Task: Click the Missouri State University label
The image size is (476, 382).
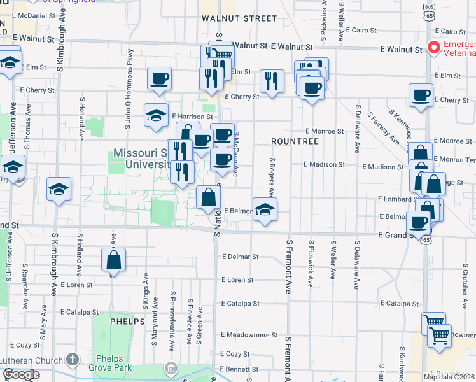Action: pos(139,159)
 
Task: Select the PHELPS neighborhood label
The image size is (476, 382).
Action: pos(129,322)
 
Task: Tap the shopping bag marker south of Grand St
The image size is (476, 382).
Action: pos(113,260)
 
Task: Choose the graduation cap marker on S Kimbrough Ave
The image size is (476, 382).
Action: pos(59,190)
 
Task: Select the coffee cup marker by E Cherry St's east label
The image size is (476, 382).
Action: pos(421,96)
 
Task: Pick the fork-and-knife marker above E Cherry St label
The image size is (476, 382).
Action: pos(272,81)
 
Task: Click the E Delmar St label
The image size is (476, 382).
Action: pos(240,257)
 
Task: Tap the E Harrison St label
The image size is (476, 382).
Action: pos(191,117)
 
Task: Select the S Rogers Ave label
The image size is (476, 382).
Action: pos(272,177)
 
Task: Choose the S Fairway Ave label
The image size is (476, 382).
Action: pos(386,132)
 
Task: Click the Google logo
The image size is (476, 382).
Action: pos(22,374)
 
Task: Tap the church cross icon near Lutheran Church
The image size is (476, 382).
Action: pos(73,359)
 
